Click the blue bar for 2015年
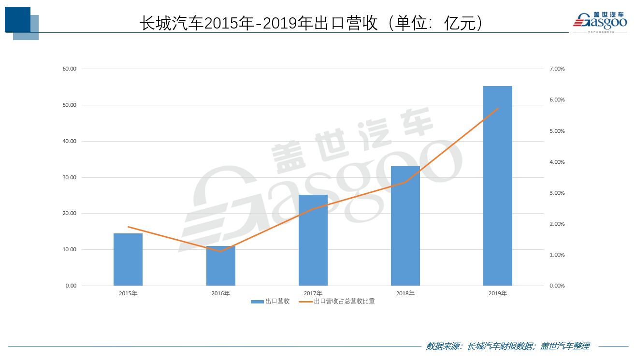[x=128, y=259]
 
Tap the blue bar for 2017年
[x=313, y=240]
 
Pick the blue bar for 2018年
[x=405, y=226]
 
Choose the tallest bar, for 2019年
[x=498, y=186]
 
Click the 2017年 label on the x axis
[x=313, y=293]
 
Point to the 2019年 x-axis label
[x=498, y=293]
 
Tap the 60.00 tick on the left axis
[x=70, y=69]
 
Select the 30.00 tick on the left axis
[x=70, y=177]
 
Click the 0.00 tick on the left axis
[x=71, y=286]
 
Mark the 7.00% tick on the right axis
[x=557, y=69]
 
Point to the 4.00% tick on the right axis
[x=557, y=162]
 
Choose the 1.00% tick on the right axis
[x=557, y=255]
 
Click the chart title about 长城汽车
[x=312, y=23]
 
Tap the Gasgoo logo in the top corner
[x=600, y=22]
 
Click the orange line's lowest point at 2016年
[x=221, y=251]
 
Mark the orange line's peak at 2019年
[x=498, y=108]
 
